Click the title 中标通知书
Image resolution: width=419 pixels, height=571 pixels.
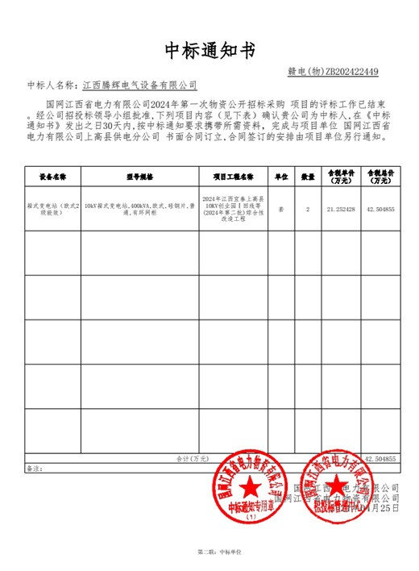[x=209, y=51]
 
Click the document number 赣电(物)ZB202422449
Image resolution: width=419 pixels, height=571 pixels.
[x=333, y=72]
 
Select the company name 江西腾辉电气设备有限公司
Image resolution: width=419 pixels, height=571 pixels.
[x=140, y=84]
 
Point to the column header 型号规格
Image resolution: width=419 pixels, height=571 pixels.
[x=139, y=175]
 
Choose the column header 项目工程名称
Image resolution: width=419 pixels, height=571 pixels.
[x=234, y=175]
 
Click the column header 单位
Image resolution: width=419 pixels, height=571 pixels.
[x=282, y=175]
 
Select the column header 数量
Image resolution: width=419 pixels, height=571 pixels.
[x=308, y=175]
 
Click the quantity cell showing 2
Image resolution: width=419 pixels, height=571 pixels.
[x=308, y=209]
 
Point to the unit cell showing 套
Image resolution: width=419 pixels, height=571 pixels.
[x=281, y=209]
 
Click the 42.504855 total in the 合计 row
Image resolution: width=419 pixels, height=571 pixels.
[x=380, y=458]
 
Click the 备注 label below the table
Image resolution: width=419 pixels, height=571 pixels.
[x=33, y=468]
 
